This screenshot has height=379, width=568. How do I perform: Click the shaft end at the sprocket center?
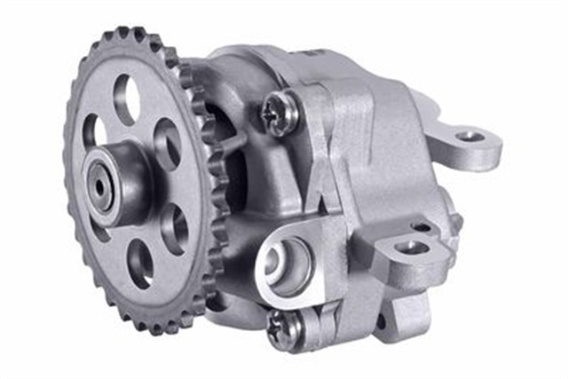[99, 185]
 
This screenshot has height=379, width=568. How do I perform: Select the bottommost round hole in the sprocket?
[140, 264]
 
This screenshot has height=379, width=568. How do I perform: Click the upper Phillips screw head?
[277, 115]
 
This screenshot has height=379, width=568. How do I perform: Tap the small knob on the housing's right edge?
[455, 221]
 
